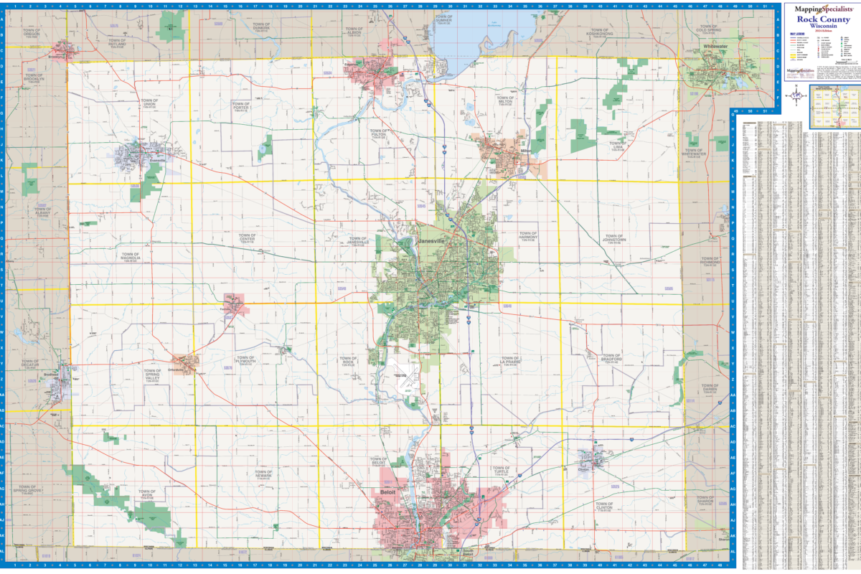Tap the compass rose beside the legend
pyautogui.click(x=796, y=95)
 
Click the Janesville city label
pyautogui.click(x=432, y=242)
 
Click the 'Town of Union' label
pyautogui.click(x=149, y=103)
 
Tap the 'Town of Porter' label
pyautogui.click(x=241, y=105)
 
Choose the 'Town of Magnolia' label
pyautogui.click(x=131, y=255)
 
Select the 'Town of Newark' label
pyautogui.click(x=264, y=474)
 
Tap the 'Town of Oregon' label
pyautogui.click(x=32, y=33)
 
